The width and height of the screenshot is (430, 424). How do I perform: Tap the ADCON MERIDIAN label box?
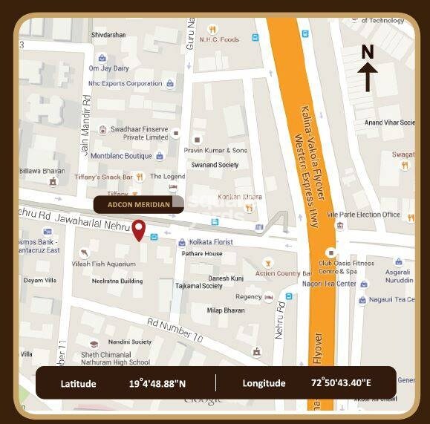(x=149, y=204)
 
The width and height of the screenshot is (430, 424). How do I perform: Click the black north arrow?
(x=368, y=76)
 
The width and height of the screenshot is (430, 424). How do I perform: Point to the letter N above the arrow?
(x=368, y=52)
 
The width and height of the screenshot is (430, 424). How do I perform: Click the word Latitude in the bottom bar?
(x=78, y=383)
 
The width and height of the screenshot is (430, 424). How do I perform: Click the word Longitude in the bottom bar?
(x=264, y=383)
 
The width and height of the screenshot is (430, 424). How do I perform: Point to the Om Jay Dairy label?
(x=109, y=68)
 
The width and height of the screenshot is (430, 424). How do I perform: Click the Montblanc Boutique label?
(x=121, y=156)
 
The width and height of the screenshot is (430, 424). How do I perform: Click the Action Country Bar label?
(x=283, y=274)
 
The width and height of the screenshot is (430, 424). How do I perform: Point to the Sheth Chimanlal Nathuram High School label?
(x=114, y=358)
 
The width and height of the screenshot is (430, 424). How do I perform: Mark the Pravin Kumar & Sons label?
(x=215, y=150)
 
